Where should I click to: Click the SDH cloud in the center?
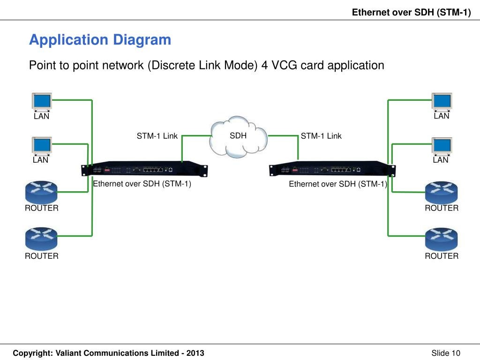pos(238,137)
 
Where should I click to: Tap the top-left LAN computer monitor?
pos(42,102)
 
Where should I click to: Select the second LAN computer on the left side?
pos(42,146)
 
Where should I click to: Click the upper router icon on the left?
pos(41,192)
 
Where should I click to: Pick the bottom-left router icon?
pos(41,239)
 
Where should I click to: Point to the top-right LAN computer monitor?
pos(442,102)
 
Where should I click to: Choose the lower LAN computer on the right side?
pos(442,146)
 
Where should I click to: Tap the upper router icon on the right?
pos(442,192)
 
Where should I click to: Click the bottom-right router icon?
pos(442,239)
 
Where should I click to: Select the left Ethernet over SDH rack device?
pos(144,169)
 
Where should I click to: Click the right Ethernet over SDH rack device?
pos(332,169)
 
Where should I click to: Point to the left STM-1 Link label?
pos(157,136)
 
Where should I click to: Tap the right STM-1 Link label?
pos(321,136)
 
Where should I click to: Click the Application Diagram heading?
pos(100,40)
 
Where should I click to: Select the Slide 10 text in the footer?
pos(446,353)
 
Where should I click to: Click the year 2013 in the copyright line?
pos(195,353)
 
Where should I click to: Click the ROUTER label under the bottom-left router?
pos(42,256)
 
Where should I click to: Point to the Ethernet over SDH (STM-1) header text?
pos(412,12)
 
